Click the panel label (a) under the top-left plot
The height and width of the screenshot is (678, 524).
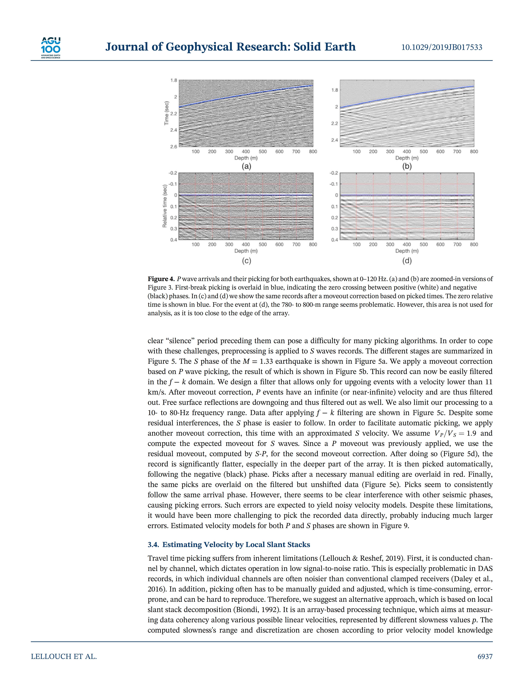pos(246,166)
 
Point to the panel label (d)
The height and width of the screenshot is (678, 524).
pos(407,261)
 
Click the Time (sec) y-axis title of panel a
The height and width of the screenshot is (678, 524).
pos(167,113)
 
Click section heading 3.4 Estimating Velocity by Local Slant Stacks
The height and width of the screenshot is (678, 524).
pos(229,544)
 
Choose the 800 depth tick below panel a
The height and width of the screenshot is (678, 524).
pos(313,152)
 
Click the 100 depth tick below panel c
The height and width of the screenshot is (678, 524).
pos(196,244)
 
